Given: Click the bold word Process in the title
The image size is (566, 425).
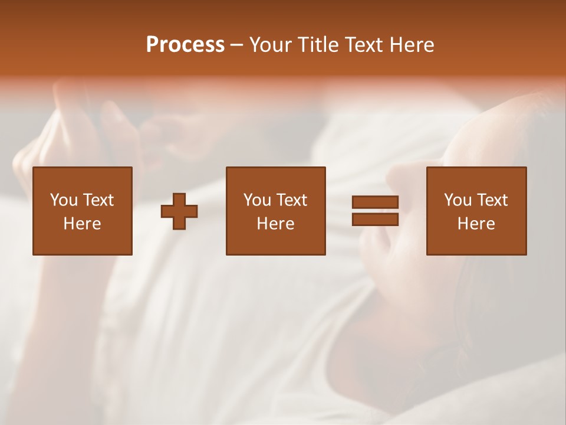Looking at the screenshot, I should coord(185,45).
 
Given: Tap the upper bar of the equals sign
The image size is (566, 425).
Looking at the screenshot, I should coord(375,202).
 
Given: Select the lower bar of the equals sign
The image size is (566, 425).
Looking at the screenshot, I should coord(375,219).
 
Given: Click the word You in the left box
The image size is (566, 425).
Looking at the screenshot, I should coord(64,200).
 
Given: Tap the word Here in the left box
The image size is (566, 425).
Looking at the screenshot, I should coord(82,224).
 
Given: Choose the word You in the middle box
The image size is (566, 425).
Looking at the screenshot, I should coord(257,200).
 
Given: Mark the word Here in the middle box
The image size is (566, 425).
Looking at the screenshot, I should coord(275,224).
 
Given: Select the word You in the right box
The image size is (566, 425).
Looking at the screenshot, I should coord(458,200).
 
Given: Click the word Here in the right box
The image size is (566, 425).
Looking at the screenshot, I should coord(476,224).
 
